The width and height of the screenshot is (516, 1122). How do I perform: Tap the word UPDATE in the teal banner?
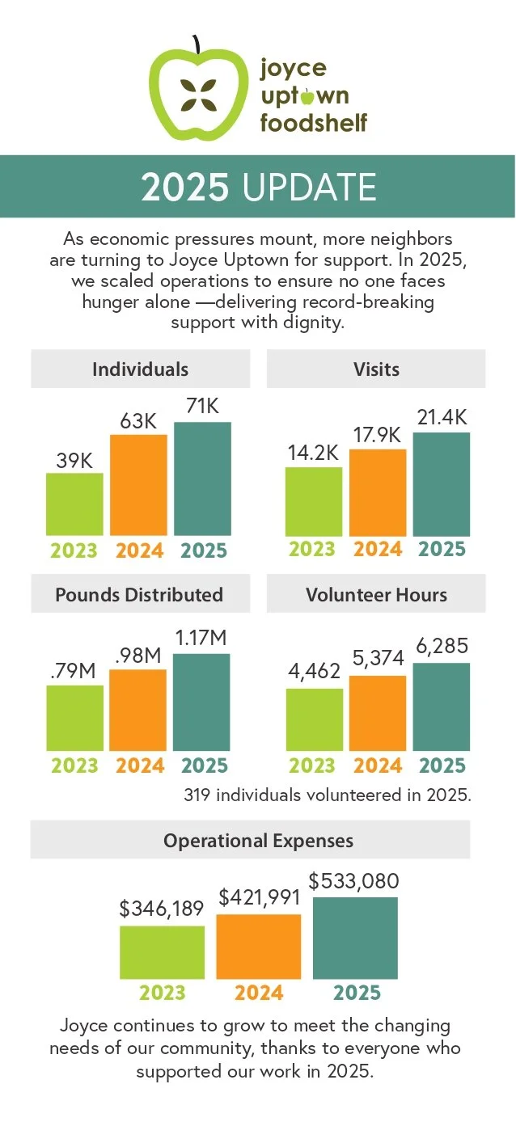(x=309, y=187)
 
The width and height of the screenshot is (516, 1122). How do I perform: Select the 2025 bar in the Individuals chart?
(x=202, y=479)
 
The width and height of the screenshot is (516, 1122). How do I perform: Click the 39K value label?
(x=74, y=461)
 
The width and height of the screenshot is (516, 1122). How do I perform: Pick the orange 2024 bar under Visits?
(x=378, y=492)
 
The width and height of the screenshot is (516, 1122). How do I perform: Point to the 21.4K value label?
(x=442, y=417)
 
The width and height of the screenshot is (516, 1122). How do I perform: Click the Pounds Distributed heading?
(x=139, y=595)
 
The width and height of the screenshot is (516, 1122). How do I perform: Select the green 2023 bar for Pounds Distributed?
(x=75, y=718)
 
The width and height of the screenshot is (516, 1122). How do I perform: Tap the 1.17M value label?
(x=201, y=638)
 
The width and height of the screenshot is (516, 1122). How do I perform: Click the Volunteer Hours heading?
(x=376, y=595)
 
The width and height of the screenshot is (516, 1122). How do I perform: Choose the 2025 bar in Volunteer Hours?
(x=442, y=707)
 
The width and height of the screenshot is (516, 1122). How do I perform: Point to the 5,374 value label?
(x=379, y=658)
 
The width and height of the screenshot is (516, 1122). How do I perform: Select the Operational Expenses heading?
(x=258, y=840)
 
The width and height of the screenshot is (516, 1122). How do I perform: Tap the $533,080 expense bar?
(x=355, y=938)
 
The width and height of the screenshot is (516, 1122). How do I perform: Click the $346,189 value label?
(x=161, y=908)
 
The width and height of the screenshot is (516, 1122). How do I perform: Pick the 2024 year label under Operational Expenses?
(x=259, y=993)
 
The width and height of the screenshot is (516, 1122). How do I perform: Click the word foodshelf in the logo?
(x=314, y=123)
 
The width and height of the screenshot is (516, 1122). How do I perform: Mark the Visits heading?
(x=376, y=369)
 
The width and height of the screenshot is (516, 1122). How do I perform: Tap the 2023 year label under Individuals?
(x=74, y=550)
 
